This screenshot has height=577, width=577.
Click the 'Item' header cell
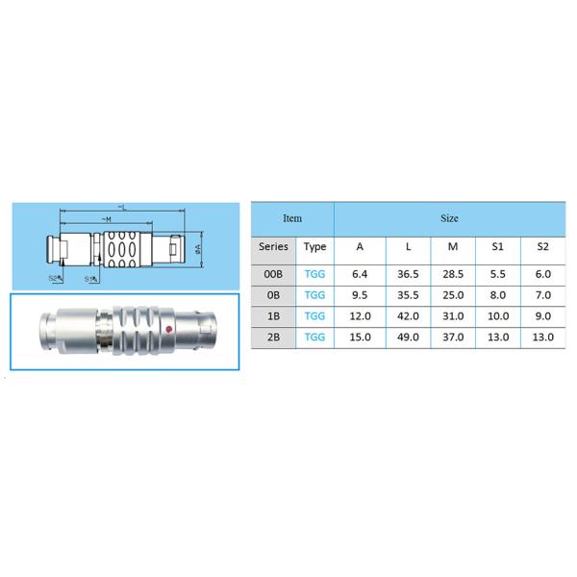(291, 218)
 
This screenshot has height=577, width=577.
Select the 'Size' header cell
(449, 218)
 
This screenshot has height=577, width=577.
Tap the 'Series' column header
(273, 246)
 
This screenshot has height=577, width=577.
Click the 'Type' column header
(314, 246)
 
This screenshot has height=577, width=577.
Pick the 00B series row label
(273, 273)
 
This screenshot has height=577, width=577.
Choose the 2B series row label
(273, 338)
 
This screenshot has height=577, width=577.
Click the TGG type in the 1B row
(314, 315)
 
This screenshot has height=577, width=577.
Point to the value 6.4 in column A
(360, 273)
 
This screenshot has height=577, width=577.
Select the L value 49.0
(407, 338)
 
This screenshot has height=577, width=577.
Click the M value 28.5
(452, 273)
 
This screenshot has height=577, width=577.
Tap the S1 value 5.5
(498, 273)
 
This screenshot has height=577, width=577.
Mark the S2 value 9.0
(542, 315)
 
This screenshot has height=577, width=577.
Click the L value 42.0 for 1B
(407, 315)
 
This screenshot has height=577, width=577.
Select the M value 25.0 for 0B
(452, 294)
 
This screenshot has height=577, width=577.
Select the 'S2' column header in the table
(542, 246)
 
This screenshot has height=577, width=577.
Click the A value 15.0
(360, 338)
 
